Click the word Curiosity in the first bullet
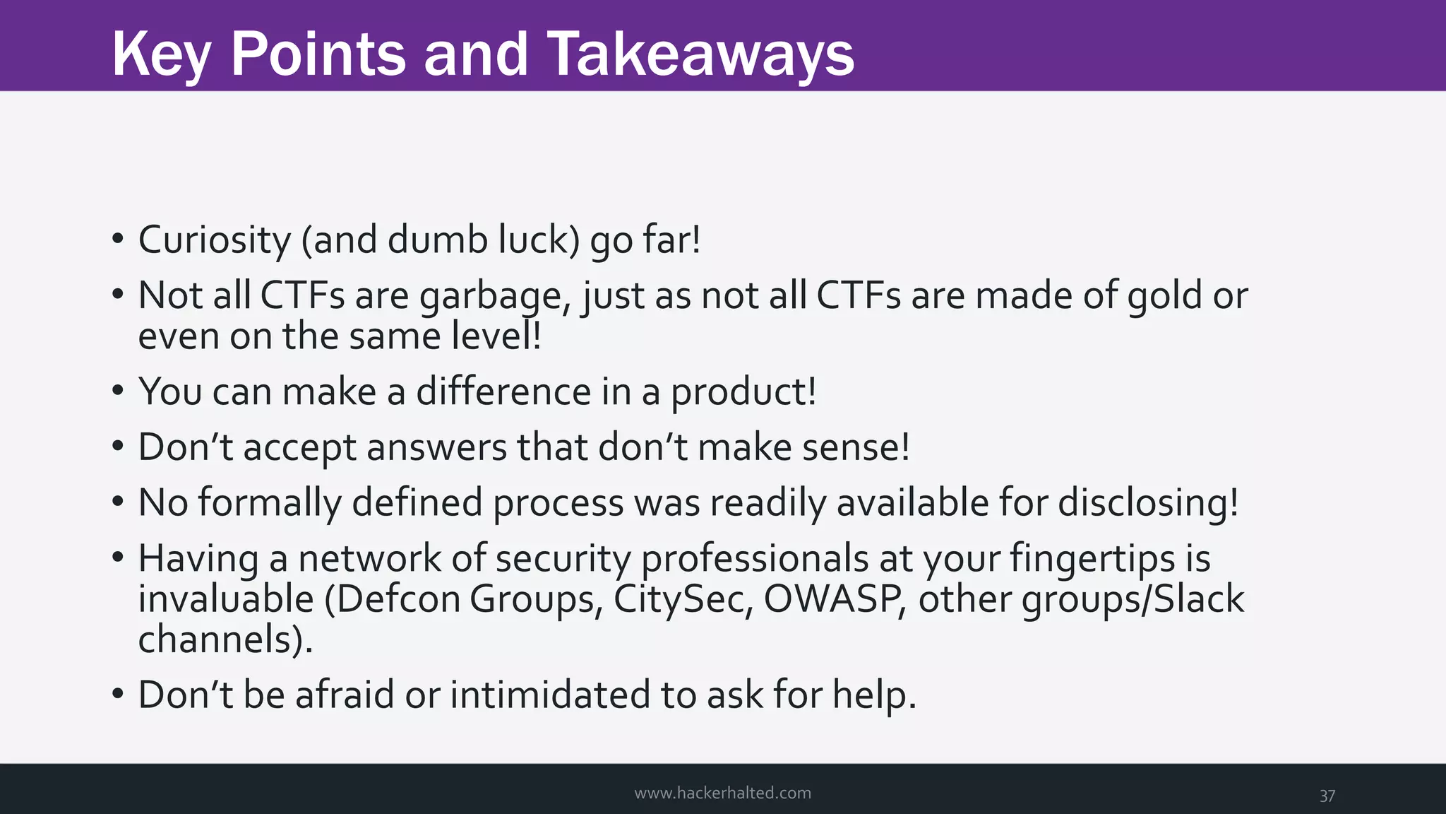[x=214, y=240]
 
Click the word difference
[x=503, y=391]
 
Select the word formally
[x=269, y=503]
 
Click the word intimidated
[x=549, y=695]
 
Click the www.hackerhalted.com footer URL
[x=722, y=793]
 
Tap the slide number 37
[x=1327, y=796]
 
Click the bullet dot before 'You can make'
[x=118, y=390]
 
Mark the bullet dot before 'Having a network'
[x=118, y=557]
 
